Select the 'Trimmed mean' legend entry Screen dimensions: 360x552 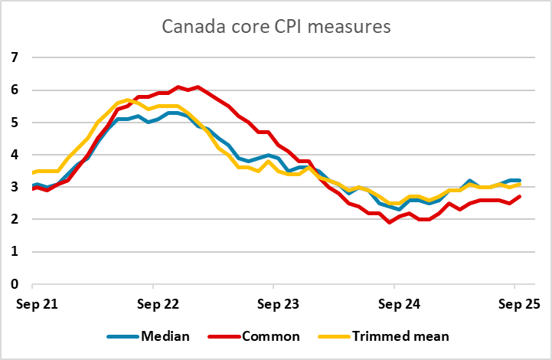tap(388, 335)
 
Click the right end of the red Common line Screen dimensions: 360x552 tap(521, 197)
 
